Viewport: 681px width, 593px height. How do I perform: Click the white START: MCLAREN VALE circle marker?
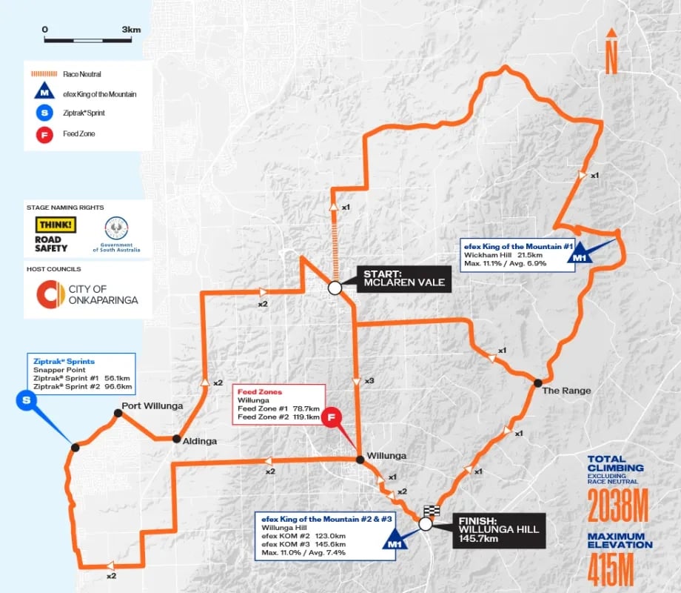[x=335, y=287]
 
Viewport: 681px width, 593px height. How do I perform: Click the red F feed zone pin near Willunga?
[x=333, y=417]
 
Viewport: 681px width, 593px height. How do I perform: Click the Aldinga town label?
[x=201, y=440]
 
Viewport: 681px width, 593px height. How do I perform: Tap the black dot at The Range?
[x=537, y=382]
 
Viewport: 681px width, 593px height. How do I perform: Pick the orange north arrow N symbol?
[x=611, y=53]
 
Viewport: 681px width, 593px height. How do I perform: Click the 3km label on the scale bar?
[x=131, y=30]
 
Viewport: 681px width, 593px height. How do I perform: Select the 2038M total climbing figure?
[x=617, y=507]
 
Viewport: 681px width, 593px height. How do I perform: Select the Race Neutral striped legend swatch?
[x=45, y=74]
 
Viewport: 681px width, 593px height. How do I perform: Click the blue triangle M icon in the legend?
[x=45, y=94]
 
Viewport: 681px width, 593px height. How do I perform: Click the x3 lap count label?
[x=368, y=380]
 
